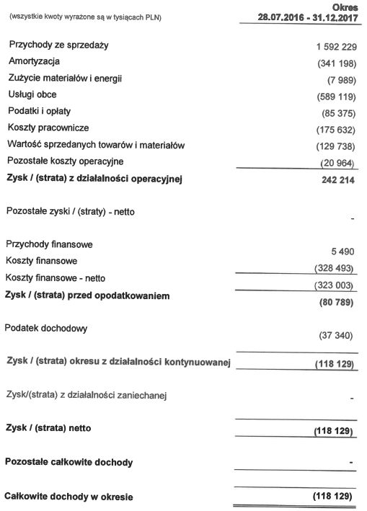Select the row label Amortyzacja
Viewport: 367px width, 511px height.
click(34, 62)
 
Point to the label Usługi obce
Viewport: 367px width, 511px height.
click(32, 94)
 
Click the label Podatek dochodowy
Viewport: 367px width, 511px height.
click(47, 329)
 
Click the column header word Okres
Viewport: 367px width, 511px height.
click(345, 6)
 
